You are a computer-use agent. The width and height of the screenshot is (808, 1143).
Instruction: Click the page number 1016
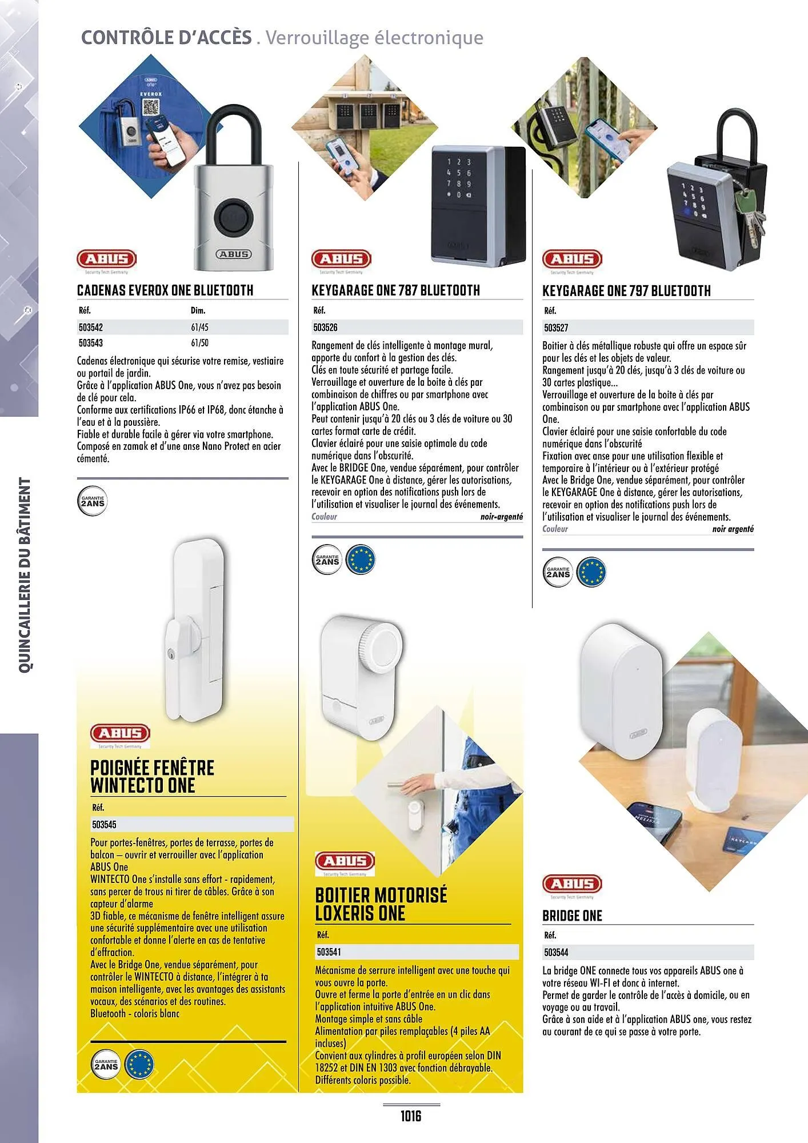(410, 1116)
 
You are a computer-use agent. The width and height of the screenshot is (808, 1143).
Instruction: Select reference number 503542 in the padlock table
(91, 327)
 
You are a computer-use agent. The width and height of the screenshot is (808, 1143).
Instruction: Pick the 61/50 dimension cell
(199, 343)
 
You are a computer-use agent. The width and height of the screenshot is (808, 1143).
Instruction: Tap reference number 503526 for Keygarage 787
(325, 327)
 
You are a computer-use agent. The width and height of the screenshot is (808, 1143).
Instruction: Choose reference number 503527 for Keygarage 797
(556, 328)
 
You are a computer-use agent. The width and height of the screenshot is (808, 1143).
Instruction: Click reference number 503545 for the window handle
(104, 824)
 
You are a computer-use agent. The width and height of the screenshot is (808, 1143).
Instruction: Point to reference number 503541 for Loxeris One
(329, 952)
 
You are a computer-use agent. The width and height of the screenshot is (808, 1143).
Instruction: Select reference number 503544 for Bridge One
(556, 952)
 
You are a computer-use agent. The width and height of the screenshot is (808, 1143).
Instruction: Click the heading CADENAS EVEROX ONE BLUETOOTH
(165, 290)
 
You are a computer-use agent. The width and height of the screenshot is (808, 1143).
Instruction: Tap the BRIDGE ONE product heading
(572, 916)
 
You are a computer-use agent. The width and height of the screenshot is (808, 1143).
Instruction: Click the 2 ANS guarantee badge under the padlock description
(93, 502)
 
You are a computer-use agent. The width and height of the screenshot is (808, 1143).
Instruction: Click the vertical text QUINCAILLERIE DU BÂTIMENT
(25, 575)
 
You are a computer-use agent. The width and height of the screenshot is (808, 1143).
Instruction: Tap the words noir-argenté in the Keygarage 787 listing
(501, 517)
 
